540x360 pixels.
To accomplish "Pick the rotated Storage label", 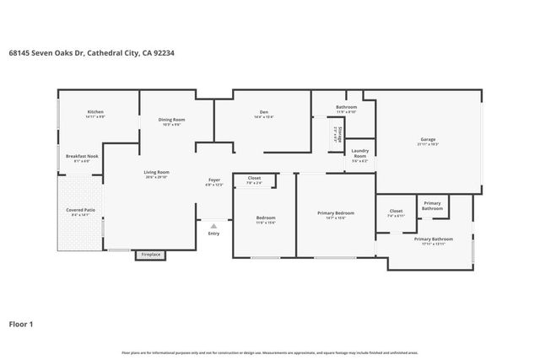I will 336,132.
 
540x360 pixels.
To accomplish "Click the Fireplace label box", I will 151,254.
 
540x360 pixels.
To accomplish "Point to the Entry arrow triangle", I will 214,226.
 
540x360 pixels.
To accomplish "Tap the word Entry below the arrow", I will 214,234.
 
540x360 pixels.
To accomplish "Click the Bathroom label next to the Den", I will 347,107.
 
